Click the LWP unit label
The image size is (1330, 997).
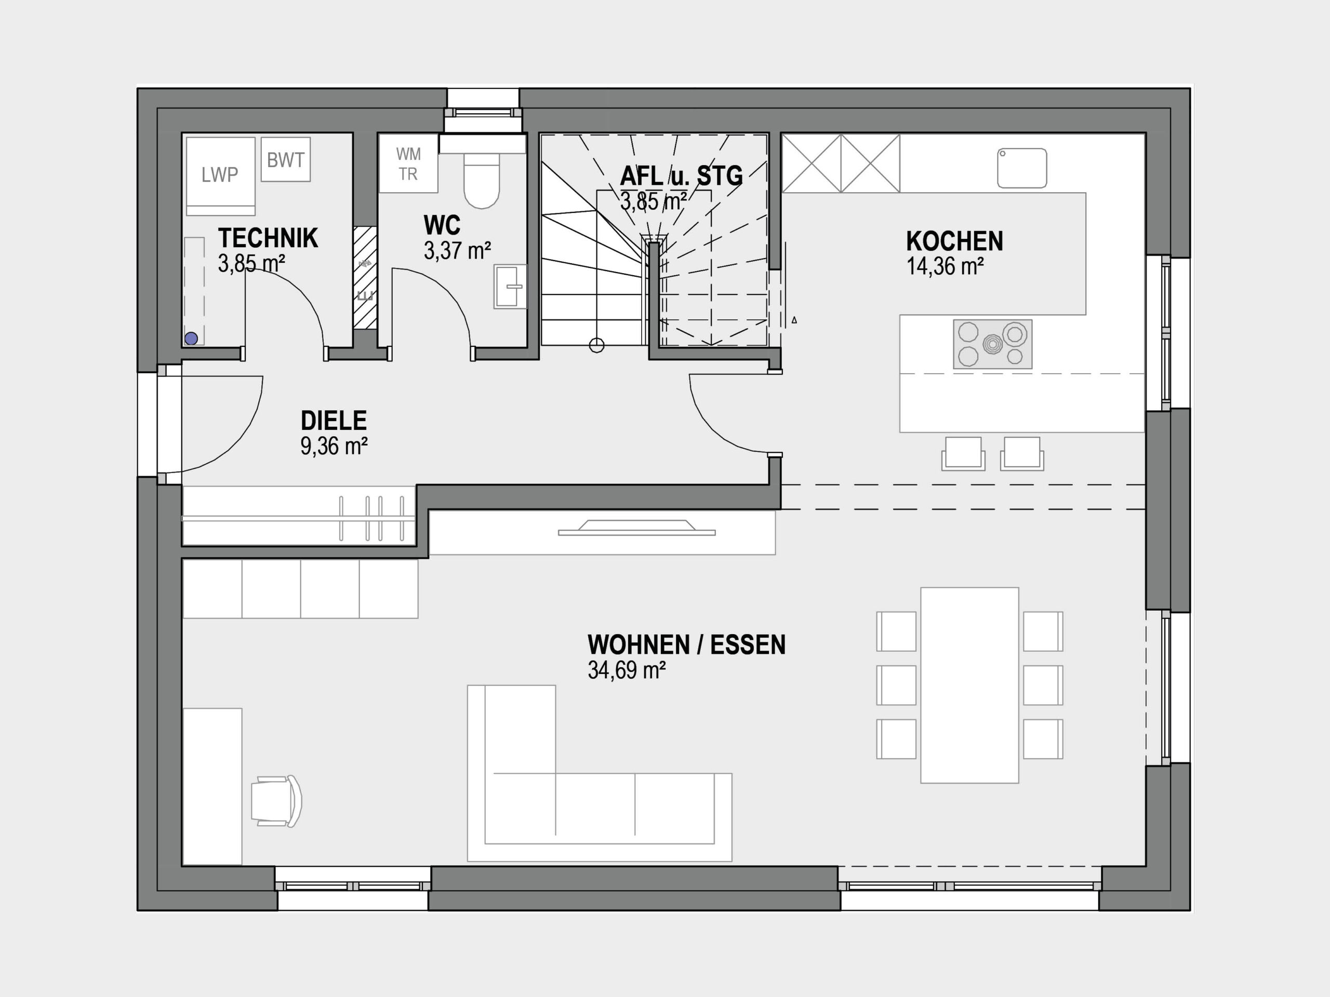(x=219, y=175)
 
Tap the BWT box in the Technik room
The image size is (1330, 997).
(x=286, y=159)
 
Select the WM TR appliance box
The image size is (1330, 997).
(x=408, y=164)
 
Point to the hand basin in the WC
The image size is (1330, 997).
(x=510, y=287)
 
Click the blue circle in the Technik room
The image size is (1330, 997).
(x=191, y=339)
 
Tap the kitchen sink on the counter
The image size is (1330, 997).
(x=1022, y=168)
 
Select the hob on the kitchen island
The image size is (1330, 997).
(x=993, y=344)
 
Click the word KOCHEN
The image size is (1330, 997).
(x=955, y=241)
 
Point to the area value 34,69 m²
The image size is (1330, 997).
(x=627, y=670)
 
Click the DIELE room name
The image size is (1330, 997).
(x=334, y=421)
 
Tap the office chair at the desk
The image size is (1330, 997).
(x=276, y=801)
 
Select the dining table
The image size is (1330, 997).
(x=970, y=685)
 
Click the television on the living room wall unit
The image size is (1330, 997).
(x=637, y=528)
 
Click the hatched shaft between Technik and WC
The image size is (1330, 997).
(x=365, y=278)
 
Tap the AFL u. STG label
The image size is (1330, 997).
(x=681, y=176)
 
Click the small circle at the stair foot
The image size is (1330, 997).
(x=596, y=345)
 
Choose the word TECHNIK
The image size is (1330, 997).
(x=268, y=238)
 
